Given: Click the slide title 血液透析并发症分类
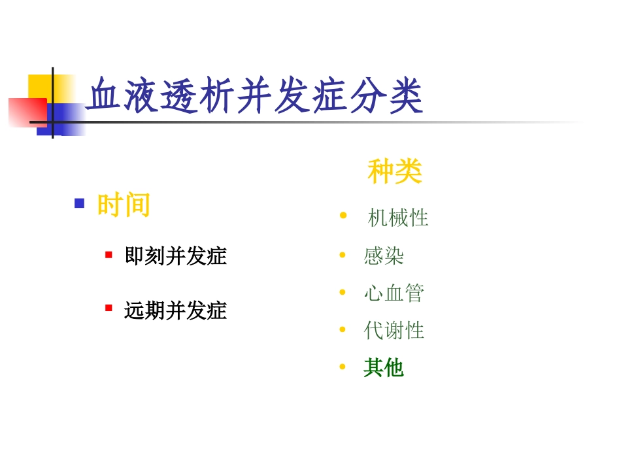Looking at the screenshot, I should (x=255, y=97).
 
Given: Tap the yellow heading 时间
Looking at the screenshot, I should (x=124, y=205).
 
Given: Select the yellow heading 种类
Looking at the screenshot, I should (x=395, y=172).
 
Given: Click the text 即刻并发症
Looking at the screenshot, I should (x=175, y=256).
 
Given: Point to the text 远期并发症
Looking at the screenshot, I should (x=175, y=310).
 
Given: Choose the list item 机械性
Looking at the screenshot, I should (x=397, y=218).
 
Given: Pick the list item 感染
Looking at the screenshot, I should (x=384, y=256).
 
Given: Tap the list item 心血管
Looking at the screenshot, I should (x=394, y=293).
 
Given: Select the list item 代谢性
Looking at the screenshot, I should (x=394, y=330).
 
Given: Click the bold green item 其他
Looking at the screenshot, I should (x=384, y=368).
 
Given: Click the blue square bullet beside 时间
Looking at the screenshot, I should (x=80, y=203).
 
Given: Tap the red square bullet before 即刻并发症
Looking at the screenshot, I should (x=109, y=254).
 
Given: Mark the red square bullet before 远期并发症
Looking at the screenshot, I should (x=109, y=308).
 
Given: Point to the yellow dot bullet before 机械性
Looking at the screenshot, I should (x=343, y=216).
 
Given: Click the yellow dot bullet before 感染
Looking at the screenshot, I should (x=343, y=254).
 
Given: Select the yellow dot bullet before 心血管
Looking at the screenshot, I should (x=343, y=292).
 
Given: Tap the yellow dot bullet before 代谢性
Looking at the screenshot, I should (x=343, y=329).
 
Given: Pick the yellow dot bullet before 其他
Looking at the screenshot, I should (x=343, y=367).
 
